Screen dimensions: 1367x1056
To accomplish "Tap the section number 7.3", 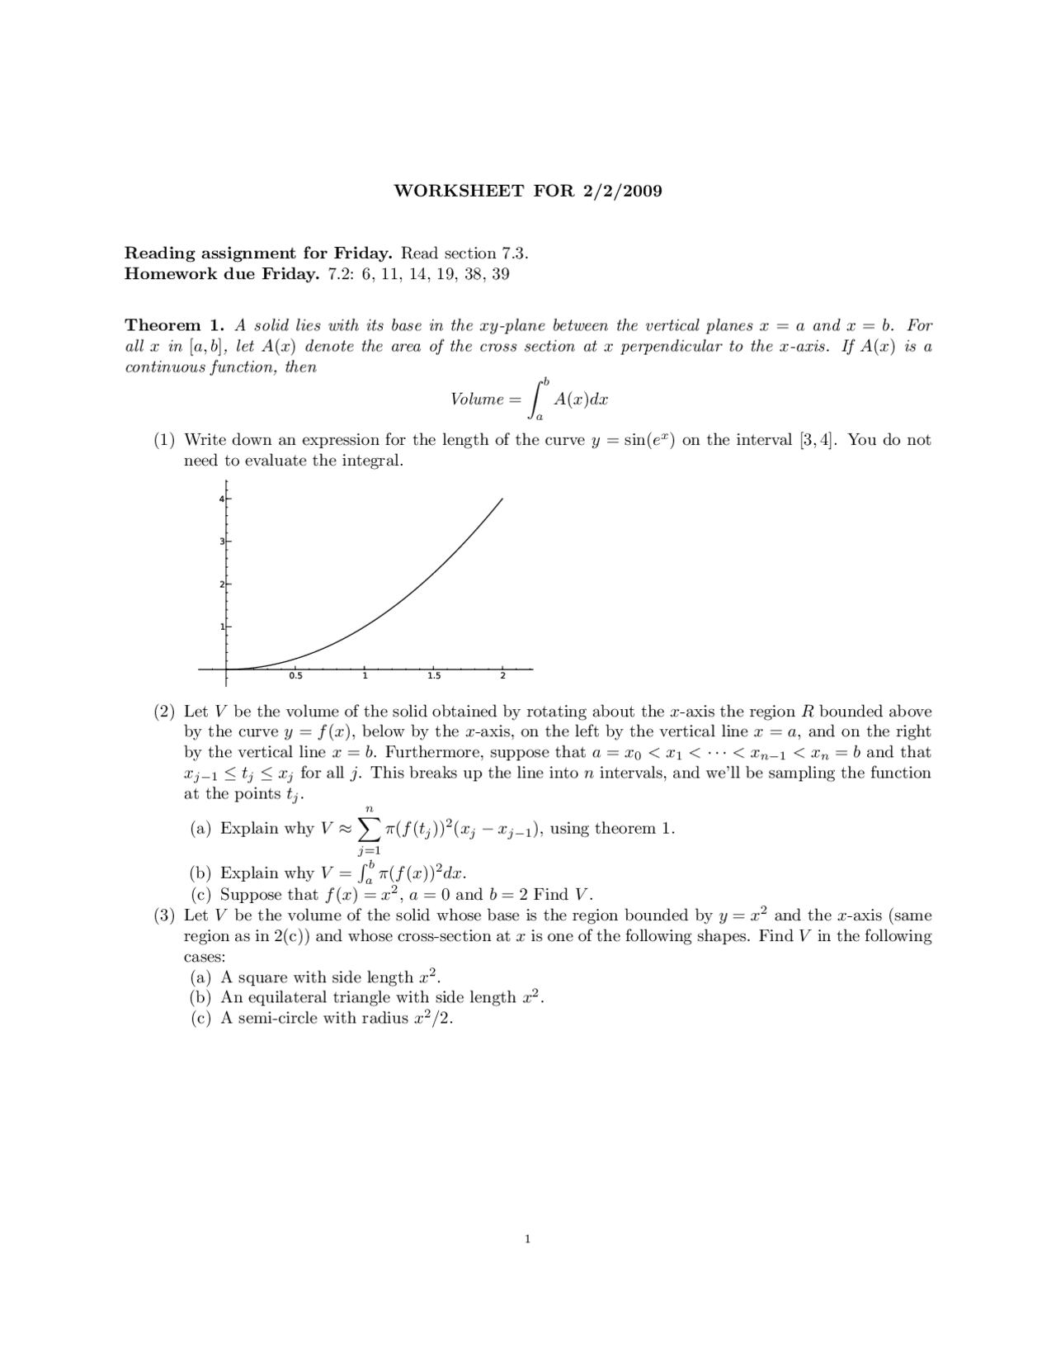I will pos(513,253).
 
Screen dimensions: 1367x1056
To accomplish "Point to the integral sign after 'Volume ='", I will pos(538,400).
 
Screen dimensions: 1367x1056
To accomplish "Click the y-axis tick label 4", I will pos(221,499).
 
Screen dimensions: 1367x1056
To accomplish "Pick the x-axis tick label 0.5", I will pos(295,677).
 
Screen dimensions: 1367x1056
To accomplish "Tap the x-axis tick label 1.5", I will pos(434,677).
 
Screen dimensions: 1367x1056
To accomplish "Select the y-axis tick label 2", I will pos(221,584).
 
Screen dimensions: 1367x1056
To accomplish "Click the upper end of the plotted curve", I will pos(502,499).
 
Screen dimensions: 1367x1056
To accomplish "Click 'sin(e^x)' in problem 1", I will pos(648,440).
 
